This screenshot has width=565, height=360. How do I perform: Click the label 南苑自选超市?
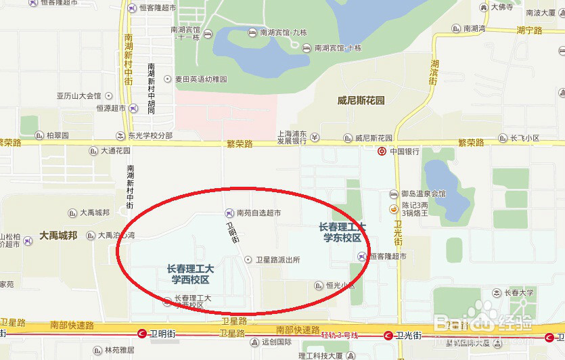tap(258, 213)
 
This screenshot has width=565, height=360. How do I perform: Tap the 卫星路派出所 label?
tap(277, 259)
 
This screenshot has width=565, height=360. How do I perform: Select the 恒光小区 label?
tap(340, 286)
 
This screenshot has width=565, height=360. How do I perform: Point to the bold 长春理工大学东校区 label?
tap(342, 232)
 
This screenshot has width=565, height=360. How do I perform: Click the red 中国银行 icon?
tap(382, 151)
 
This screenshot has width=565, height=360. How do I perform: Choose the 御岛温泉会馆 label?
tap(423, 194)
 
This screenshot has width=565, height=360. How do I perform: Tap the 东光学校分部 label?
tap(150, 135)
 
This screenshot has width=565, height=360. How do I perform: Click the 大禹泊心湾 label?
tap(116, 235)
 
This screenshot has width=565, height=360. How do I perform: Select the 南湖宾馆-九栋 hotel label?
tap(277, 32)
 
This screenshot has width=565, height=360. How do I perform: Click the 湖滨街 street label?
tap(434, 72)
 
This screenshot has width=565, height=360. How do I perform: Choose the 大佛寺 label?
tap(502, 7)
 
